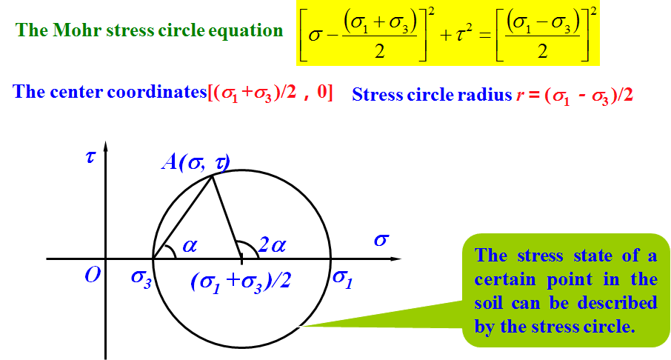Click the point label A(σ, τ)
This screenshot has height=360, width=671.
tap(196, 162)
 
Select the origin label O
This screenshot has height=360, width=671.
tap(93, 276)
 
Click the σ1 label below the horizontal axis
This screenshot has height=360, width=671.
tap(342, 279)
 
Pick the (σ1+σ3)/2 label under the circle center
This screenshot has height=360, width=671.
tap(238, 281)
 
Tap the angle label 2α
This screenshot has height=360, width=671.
tap(272, 245)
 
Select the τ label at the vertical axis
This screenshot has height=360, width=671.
tap(90, 158)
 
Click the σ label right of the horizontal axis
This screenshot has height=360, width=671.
tap(381, 240)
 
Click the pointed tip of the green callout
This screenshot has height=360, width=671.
tap(298, 325)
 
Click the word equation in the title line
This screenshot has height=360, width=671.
tap(247, 31)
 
